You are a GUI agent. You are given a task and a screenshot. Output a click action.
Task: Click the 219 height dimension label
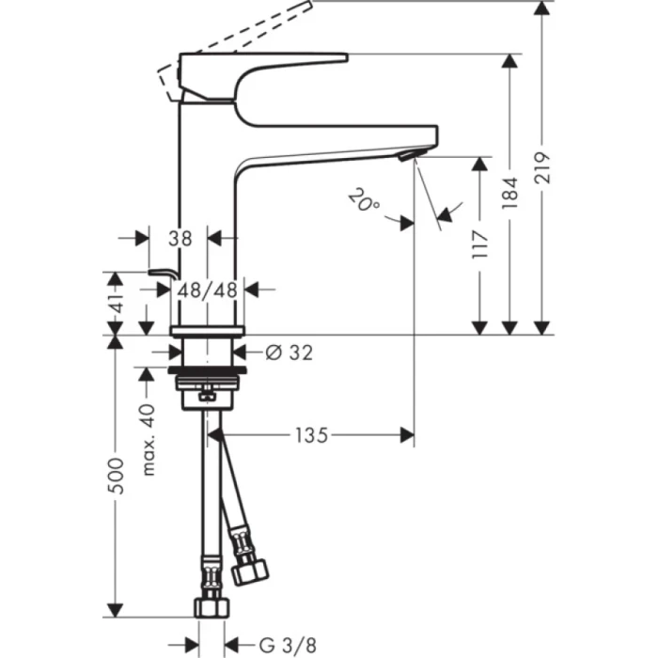[542, 169]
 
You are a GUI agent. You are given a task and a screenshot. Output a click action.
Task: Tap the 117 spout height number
[480, 245]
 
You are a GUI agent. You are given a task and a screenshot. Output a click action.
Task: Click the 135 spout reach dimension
[310, 435]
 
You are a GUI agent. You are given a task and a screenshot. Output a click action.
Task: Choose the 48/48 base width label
[207, 290]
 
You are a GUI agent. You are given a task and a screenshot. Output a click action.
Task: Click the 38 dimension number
[178, 238]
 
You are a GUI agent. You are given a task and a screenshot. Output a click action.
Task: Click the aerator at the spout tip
[409, 155]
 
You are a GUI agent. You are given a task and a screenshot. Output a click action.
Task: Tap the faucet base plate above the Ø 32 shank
[207, 330]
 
